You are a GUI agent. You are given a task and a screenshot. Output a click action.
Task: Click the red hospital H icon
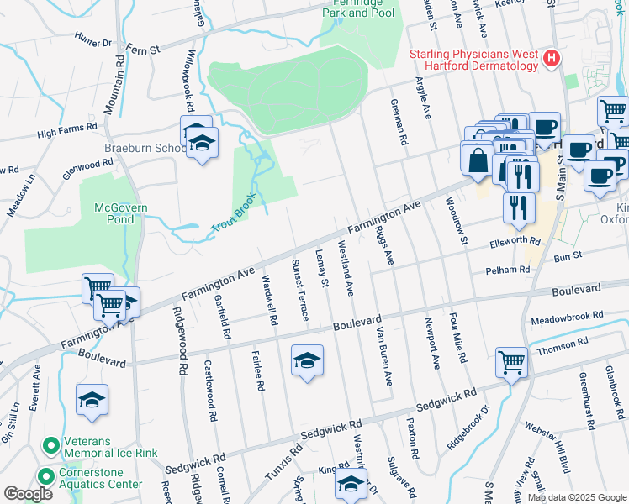[552, 58]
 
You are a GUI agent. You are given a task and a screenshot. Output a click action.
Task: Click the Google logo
[28, 494]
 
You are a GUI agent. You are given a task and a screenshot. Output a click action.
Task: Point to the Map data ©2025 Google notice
[577, 497]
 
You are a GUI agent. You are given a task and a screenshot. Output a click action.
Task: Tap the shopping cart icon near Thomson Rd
[511, 363]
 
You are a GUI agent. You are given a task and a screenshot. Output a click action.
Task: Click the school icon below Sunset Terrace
[307, 361]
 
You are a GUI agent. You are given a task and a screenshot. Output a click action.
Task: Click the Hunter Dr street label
[92, 39]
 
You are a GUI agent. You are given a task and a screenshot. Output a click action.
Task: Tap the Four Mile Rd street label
[457, 338]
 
